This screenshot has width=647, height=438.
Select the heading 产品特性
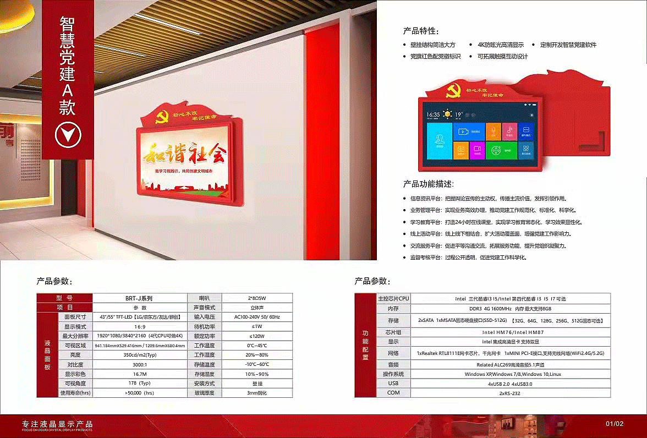[421, 31]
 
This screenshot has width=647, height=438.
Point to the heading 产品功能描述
[429, 184]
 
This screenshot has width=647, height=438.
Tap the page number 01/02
[615, 424]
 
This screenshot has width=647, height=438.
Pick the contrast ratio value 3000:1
[139, 364]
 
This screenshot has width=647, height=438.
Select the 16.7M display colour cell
[139, 374]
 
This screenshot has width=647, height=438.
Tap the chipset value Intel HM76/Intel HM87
[510, 332]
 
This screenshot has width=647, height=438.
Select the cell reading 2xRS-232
[510, 393]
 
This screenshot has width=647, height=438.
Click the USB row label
[393, 384]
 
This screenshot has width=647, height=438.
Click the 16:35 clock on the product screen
[433, 114]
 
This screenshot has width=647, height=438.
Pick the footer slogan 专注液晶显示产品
[57, 424]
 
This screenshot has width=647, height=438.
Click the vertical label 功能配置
[366, 345]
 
